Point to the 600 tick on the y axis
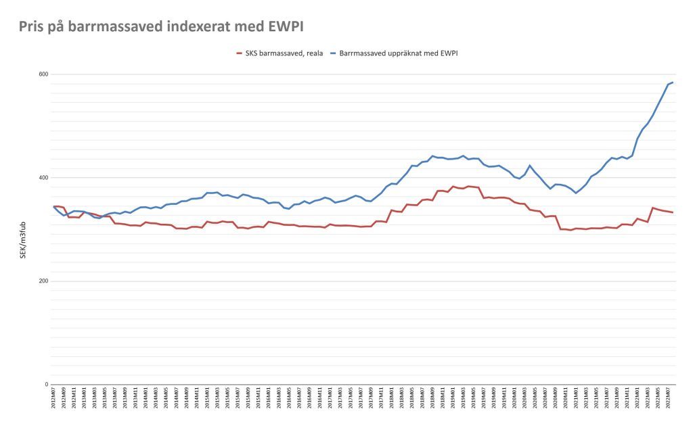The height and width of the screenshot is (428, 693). click(x=43, y=74)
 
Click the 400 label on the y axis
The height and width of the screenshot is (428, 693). click(x=43, y=178)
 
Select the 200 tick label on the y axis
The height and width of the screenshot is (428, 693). click(x=43, y=281)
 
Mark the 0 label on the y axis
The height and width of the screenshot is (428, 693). click(x=46, y=385)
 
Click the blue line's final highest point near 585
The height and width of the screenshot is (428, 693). click(x=673, y=82)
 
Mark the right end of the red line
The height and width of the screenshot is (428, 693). click(x=673, y=213)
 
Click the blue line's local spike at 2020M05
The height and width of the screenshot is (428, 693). click(x=530, y=166)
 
